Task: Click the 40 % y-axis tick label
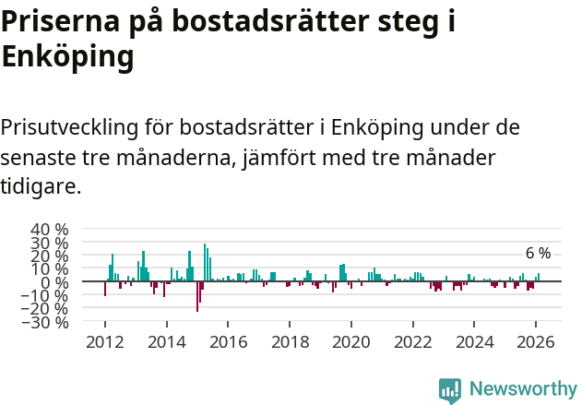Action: pyautogui.click(x=49, y=229)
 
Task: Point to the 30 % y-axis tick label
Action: pyautogui.click(x=49, y=243)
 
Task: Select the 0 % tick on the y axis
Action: pyautogui.click(x=55, y=282)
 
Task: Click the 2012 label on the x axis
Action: pyautogui.click(x=104, y=341)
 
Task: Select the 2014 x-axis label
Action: pyautogui.click(x=166, y=341)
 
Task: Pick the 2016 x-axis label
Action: pyautogui.click(x=228, y=341)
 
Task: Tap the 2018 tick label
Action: pyautogui.click(x=290, y=341)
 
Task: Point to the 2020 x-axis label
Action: pyautogui.click(x=351, y=341)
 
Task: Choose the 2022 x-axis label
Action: pyautogui.click(x=413, y=341)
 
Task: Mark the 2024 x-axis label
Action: pyautogui.click(x=475, y=341)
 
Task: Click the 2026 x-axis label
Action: pyautogui.click(x=537, y=341)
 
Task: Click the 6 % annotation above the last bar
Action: pyautogui.click(x=538, y=254)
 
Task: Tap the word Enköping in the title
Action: pyautogui.click(x=68, y=57)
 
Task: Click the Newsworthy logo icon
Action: pyautogui.click(x=450, y=389)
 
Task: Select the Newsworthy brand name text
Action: pyautogui.click(x=522, y=389)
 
